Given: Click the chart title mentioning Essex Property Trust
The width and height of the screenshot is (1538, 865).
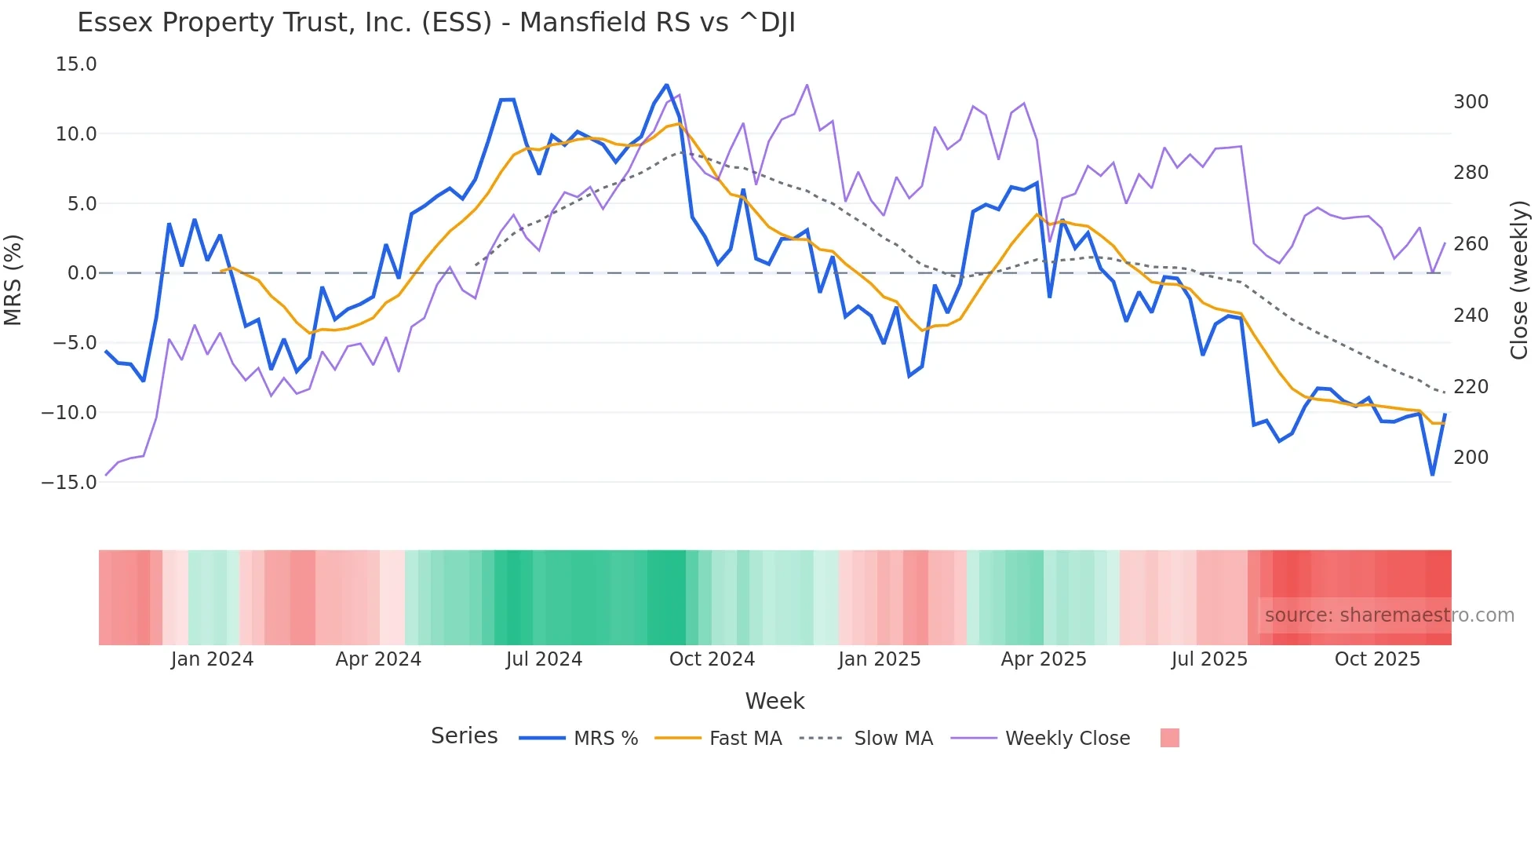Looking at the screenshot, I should (436, 23).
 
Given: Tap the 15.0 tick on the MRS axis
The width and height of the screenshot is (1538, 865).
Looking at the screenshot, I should (76, 64).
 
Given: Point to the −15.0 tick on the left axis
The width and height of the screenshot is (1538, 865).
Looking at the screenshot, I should (69, 483).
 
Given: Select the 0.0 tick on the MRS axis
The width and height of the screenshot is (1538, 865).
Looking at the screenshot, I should (82, 273).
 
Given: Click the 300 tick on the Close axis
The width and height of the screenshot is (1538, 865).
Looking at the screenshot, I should (1471, 102).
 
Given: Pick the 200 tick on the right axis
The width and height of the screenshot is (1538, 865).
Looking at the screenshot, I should (1471, 458).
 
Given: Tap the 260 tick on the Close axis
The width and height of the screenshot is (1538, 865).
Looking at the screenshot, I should (1471, 244).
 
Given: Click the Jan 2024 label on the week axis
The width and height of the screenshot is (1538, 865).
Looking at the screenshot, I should (212, 659).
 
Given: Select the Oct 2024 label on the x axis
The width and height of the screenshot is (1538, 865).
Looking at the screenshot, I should (712, 659).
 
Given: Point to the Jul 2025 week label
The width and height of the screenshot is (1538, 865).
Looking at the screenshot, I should (1209, 659).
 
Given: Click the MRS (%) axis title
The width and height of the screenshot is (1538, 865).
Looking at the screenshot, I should (13, 280).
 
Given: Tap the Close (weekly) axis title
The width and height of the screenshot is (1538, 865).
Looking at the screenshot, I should (1519, 280).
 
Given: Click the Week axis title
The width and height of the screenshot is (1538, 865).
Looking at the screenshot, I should (774, 701).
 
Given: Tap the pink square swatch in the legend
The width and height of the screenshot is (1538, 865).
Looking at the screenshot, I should (1169, 738).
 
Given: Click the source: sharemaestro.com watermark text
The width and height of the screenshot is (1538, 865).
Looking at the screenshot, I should (1389, 615).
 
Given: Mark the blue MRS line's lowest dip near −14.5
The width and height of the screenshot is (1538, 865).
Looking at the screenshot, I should (1432, 475).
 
